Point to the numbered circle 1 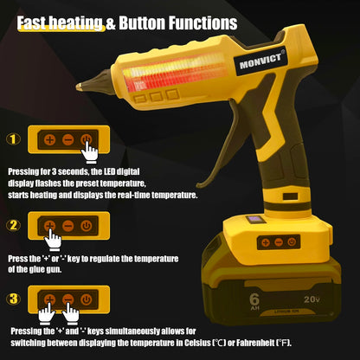(13, 138)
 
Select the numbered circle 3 (13, 299)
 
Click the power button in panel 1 (86, 138)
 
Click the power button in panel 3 (86, 299)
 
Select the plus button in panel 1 (49, 138)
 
